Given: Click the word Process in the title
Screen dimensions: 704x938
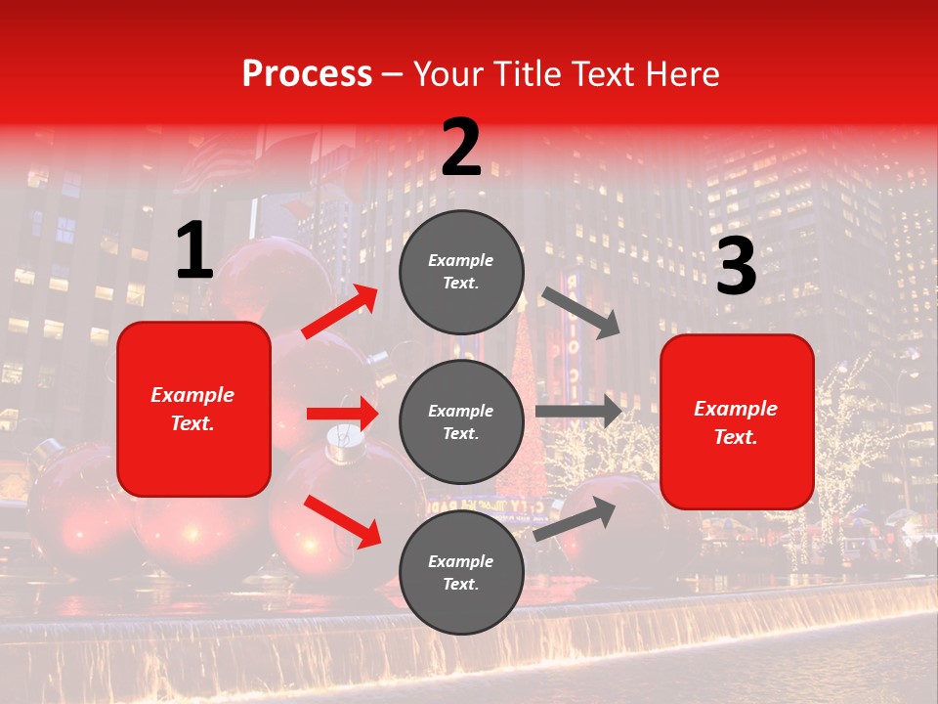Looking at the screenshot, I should point(307,74).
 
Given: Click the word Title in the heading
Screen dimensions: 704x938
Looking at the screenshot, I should point(522,74).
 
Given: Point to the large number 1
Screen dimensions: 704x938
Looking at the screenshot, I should point(194,251).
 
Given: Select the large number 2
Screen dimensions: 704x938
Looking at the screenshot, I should point(461,148).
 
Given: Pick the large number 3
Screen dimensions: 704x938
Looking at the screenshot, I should point(736,268).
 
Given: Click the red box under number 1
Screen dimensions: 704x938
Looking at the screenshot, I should point(193,409).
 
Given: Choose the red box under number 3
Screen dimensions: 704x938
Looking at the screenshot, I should point(737,422).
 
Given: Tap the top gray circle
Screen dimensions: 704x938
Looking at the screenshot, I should point(461,272).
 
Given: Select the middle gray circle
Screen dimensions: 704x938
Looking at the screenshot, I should point(461,421).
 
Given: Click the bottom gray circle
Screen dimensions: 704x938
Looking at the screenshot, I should point(461,572).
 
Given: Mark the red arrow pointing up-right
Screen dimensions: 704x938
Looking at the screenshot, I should point(339,312).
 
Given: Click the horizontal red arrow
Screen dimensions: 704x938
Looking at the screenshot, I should point(342,414).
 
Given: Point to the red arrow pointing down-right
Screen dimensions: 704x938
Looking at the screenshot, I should point(342,521).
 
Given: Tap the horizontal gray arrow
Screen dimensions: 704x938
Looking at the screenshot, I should point(578,412).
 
